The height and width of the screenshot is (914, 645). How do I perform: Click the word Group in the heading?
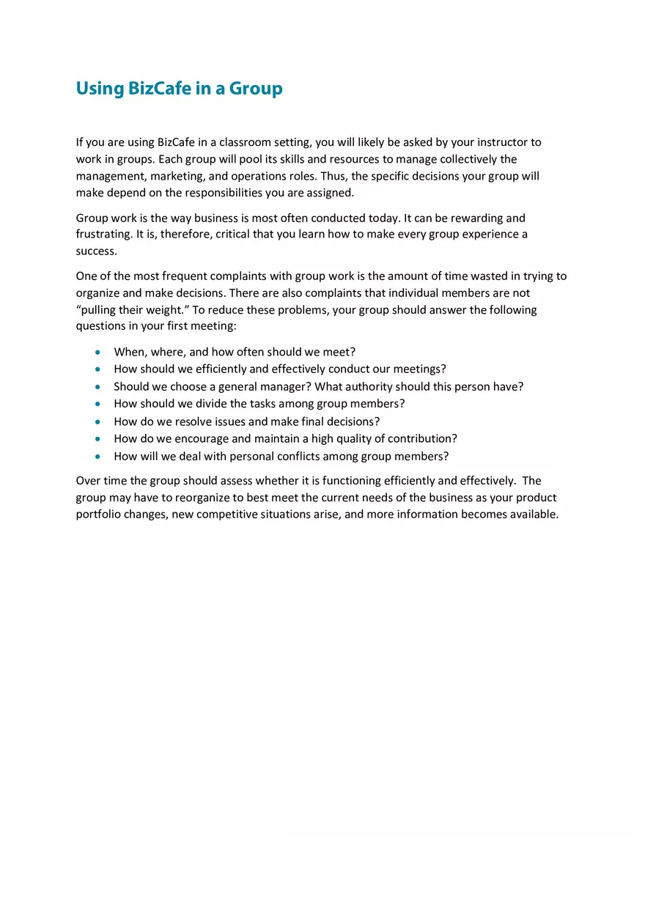(255, 89)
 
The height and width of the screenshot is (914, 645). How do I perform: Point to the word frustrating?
(103, 235)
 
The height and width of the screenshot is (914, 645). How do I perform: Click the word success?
(96, 251)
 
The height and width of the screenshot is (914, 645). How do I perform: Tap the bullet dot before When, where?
(97, 353)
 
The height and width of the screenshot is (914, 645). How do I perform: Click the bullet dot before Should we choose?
(97, 387)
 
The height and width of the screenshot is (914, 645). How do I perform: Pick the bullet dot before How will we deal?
(97, 457)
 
